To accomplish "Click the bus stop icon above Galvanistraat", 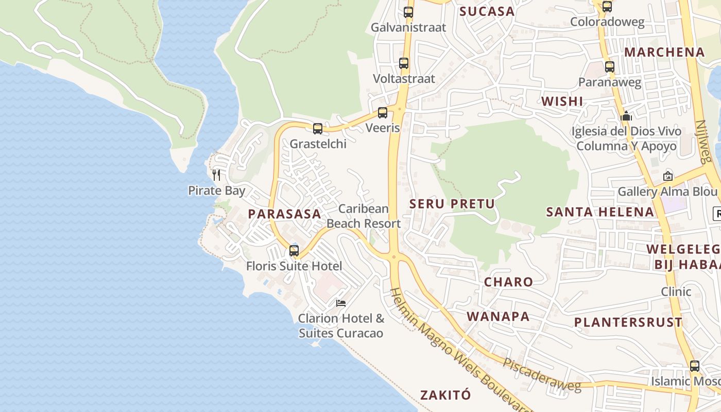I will pos(408,12).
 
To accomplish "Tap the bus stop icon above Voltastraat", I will pos(404,63).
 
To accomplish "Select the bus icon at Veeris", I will pos(382,113).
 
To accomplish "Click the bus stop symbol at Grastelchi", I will pos(318,129).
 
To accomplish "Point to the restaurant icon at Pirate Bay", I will pos(216,175).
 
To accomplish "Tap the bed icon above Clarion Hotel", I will pos(341,303).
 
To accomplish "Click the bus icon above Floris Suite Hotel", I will pos(294,251).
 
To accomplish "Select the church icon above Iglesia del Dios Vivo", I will pos(626,116).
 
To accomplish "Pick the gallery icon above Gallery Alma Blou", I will pos(667,176).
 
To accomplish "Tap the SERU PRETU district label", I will pos(452,204).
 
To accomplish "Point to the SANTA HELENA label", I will pos(600,212).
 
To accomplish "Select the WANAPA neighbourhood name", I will pos(498,316).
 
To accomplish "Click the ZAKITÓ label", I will pos(445,395).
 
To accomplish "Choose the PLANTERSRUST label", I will pos(628,322).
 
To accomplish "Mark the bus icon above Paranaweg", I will pos(610,67).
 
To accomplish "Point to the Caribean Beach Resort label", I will pos(364,216).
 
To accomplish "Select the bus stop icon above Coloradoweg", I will pos(607,7).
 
